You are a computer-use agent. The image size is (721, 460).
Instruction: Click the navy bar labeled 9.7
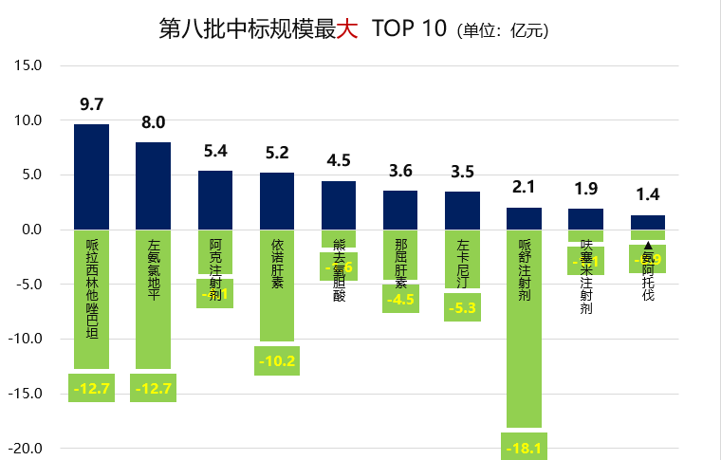pyautogui.click(x=91, y=176)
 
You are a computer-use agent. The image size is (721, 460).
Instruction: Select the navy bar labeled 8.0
pyautogui.click(x=154, y=186)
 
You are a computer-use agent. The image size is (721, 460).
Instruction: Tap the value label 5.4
pyautogui.click(x=215, y=150)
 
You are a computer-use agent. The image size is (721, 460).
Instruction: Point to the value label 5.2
pyautogui.click(x=277, y=152)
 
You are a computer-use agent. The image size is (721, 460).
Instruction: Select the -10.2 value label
pyautogui.click(x=277, y=361)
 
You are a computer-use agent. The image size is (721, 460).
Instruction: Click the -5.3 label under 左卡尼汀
pyautogui.click(x=462, y=307)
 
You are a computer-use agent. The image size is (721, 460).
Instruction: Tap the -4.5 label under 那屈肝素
pyautogui.click(x=400, y=300)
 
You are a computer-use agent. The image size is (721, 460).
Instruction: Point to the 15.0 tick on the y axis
pyautogui.click(x=28, y=65)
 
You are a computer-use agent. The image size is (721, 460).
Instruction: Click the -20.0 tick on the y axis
pyautogui.click(x=26, y=449)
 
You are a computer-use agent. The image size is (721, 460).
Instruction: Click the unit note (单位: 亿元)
pyautogui.click(x=503, y=30)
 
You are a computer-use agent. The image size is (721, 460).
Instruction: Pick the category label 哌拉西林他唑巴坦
pyautogui.click(x=91, y=288)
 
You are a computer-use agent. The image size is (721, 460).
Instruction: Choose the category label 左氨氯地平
pyautogui.click(x=154, y=269)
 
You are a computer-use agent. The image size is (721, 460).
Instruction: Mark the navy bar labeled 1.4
pyautogui.click(x=648, y=222)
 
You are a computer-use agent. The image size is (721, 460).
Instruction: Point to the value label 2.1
pyautogui.click(x=524, y=187)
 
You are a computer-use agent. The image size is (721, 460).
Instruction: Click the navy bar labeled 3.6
pyautogui.click(x=400, y=210)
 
